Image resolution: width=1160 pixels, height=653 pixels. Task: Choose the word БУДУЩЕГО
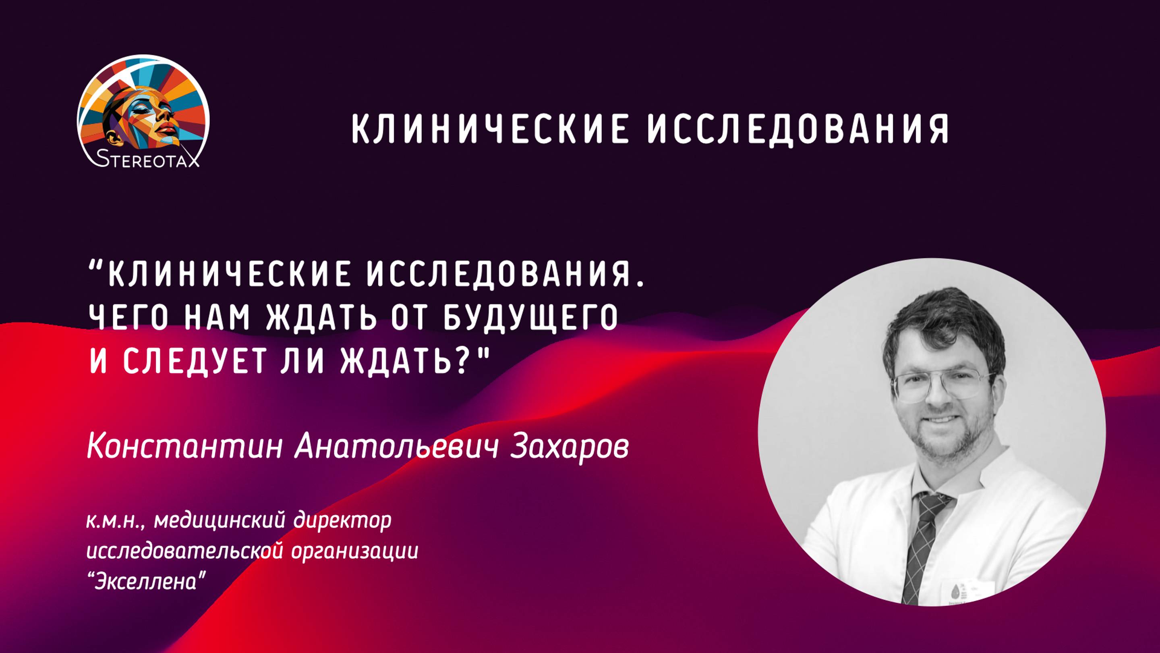[x=530, y=318]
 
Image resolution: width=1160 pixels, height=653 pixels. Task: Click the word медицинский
[x=220, y=522]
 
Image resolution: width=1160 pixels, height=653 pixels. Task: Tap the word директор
[x=343, y=522]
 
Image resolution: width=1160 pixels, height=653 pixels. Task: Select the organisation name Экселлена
[x=146, y=582]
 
